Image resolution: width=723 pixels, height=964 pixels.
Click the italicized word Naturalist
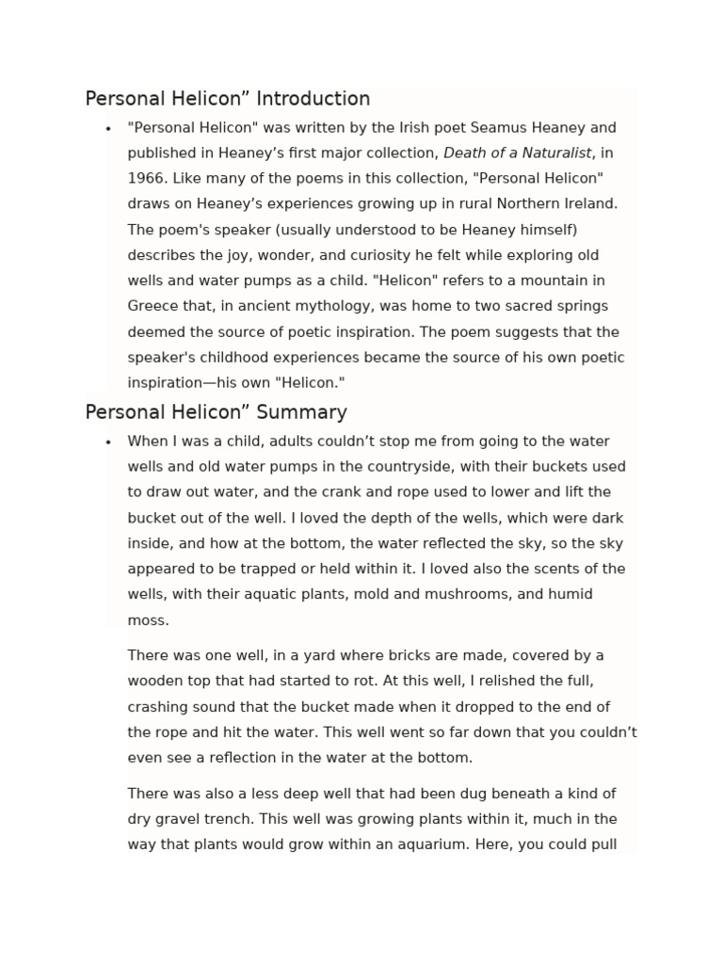[558, 153]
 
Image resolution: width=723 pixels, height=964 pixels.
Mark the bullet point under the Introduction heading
[109, 128]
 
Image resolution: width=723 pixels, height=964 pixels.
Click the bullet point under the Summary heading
[109, 442]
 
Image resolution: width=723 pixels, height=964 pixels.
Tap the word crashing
[159, 707]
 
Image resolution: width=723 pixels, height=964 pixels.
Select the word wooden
[156, 681]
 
